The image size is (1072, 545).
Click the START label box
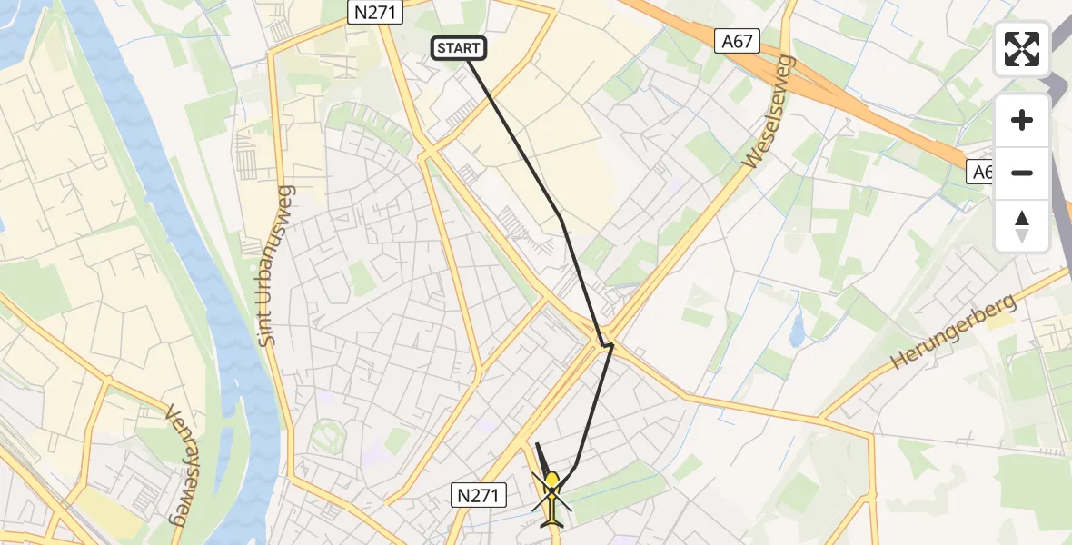click(x=459, y=48)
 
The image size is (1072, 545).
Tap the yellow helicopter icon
click(x=551, y=496)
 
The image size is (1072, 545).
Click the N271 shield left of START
click(x=374, y=12)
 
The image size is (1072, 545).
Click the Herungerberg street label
click(x=953, y=332)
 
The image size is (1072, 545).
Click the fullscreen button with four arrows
click(x=1022, y=49)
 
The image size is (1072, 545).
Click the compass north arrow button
click(x=1022, y=226)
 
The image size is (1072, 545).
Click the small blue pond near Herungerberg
click(x=797, y=332)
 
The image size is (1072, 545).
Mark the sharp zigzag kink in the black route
click(x=603, y=344)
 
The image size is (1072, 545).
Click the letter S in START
click(x=442, y=48)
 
